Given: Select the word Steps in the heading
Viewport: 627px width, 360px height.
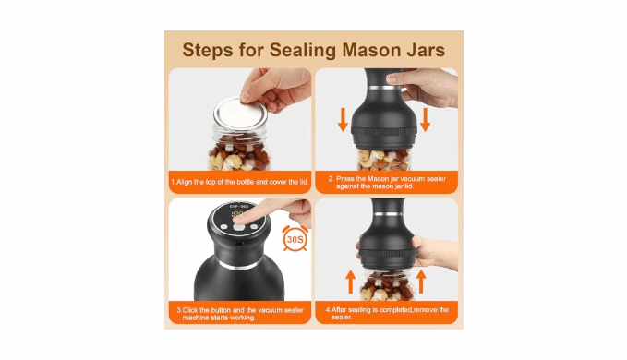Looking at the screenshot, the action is point(208,50).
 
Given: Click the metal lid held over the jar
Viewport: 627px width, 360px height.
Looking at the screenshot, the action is point(240,113).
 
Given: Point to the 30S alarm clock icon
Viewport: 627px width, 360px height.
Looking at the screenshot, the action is point(295,238).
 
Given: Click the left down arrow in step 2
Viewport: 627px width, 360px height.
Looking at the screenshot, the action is point(343,119).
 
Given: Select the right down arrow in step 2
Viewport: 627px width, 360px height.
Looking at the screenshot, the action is point(425,119).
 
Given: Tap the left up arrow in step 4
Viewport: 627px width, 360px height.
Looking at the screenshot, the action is point(350,282).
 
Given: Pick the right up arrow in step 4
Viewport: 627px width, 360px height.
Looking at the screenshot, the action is point(421,282).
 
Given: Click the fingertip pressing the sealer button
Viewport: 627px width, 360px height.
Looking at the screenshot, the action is point(239,217).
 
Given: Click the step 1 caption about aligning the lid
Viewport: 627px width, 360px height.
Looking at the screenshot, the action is point(240,182).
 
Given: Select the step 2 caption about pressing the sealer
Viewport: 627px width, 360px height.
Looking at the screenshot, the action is point(387,182).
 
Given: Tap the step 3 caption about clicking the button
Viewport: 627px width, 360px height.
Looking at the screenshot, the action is point(240,314).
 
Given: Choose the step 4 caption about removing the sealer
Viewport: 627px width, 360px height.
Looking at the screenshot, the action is point(387,313).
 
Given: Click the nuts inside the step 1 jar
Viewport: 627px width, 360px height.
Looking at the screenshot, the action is point(239,155).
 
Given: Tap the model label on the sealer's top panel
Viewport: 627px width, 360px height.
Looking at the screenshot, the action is point(239,206).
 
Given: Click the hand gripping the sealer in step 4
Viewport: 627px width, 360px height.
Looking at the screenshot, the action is point(434,252).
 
